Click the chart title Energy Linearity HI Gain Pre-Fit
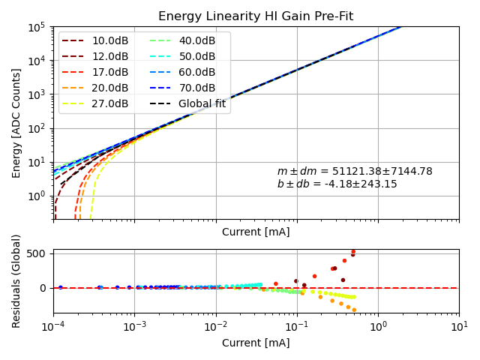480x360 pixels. click(256, 16)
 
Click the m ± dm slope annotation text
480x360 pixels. click(355, 172)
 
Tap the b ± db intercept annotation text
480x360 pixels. click(337, 184)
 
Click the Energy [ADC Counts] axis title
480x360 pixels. click(16, 124)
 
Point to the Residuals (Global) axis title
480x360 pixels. click(16, 280)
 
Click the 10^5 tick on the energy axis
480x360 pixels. click(38, 27)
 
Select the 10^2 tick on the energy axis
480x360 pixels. click(38, 128)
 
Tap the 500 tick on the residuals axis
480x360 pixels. click(37, 253)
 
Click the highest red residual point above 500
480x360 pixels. click(353, 252)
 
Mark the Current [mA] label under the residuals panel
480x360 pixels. click(256, 343)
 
